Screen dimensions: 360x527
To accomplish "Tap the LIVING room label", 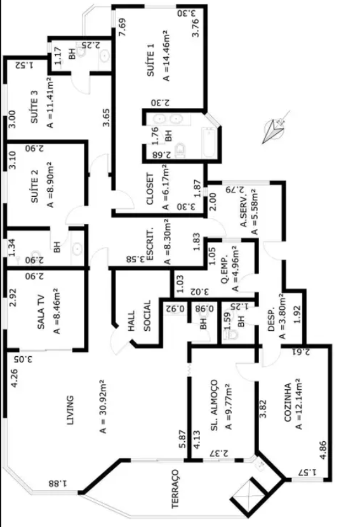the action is point(70,410).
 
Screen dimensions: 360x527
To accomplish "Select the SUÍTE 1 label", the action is point(151,60).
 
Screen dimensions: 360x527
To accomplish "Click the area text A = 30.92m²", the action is point(102,406).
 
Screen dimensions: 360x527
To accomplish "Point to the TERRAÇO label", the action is point(175,489).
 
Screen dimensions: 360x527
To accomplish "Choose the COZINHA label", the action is point(288,403).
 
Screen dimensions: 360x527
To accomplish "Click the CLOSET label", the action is point(150,189).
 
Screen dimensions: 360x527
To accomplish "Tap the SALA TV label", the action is point(41,312).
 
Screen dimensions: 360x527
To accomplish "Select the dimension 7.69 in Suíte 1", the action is point(123,27).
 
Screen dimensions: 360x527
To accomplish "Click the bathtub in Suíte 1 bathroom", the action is point(210,142).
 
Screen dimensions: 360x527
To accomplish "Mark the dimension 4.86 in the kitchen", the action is point(323,450).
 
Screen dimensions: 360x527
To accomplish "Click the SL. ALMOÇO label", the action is point(214,405).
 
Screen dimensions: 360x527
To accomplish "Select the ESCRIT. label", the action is point(150,244).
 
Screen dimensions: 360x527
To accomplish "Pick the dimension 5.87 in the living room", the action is point(182,439).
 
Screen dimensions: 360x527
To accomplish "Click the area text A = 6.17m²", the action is point(165,187).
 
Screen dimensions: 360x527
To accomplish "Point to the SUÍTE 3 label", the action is point(34,106).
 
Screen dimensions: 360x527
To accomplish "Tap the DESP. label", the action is point(272,319).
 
